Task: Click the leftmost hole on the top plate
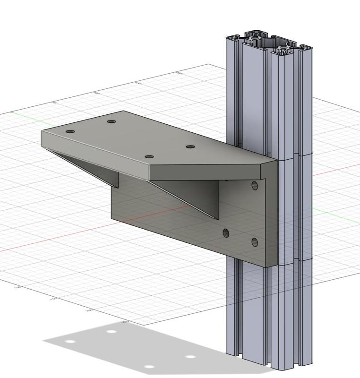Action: pyautogui.click(x=70, y=131)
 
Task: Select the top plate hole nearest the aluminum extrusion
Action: pyautogui.click(x=190, y=147)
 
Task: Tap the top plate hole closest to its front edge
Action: pyautogui.click(x=149, y=157)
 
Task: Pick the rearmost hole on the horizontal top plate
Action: pyautogui.click(x=111, y=121)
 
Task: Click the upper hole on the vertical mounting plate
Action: pyautogui.click(x=255, y=185)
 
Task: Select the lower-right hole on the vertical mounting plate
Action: pyautogui.click(x=255, y=242)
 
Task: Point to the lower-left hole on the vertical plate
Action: pyautogui.click(x=226, y=232)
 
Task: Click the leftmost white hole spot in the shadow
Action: pyautogui.click(x=70, y=342)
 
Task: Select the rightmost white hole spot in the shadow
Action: pyautogui.click(x=190, y=357)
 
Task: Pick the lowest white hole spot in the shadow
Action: pyautogui.click(x=149, y=367)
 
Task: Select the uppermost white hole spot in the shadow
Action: pyautogui.click(x=111, y=331)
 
